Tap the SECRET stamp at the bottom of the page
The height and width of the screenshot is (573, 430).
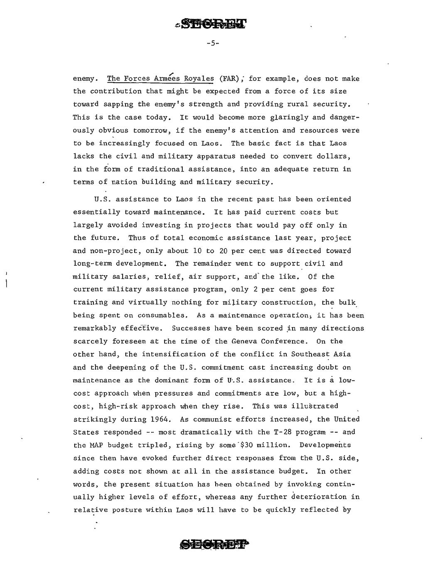[214, 544]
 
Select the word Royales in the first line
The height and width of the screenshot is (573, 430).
[199, 78]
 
